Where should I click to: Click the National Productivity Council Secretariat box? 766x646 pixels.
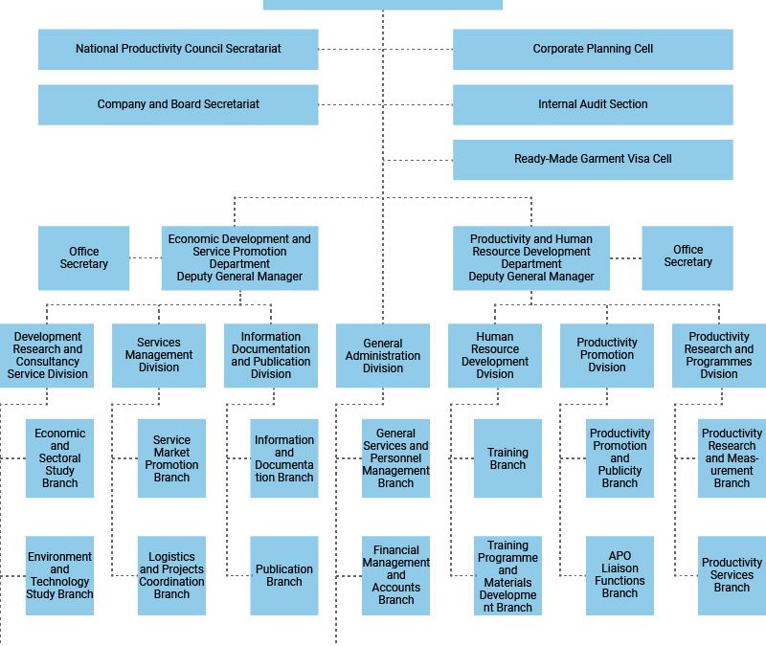[178, 50]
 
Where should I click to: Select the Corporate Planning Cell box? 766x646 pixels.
[593, 50]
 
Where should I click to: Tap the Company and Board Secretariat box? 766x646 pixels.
[178, 104]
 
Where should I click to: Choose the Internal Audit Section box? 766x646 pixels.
[593, 104]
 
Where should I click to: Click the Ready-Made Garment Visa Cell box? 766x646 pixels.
[593, 160]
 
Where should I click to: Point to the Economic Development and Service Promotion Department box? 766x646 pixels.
[240, 257]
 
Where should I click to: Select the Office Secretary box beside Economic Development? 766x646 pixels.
[83, 257]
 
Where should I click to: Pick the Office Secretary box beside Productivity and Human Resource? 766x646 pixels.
[687, 257]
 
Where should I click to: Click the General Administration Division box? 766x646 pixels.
[383, 355]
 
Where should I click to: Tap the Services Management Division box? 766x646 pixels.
[159, 355]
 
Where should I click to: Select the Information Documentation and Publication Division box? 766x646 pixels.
[271, 355]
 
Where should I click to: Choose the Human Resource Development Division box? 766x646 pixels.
[495, 355]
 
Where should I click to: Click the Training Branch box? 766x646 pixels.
[507, 458]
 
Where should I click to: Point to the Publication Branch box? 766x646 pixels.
[284, 576]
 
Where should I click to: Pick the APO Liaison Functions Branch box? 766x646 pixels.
[620, 576]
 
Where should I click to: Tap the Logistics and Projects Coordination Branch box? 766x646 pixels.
[171, 576]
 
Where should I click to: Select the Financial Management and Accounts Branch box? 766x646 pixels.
[395, 576]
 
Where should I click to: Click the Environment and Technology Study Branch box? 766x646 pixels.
[59, 576]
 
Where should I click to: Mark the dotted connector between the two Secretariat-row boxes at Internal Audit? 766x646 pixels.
[386, 104]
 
